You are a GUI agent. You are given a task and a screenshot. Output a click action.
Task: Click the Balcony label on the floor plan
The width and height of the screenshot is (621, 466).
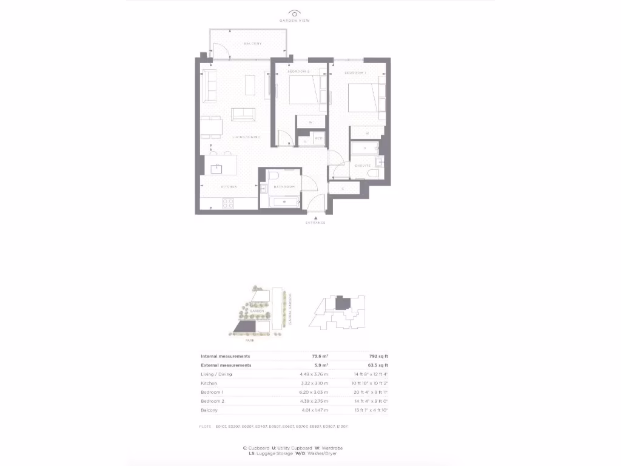252,44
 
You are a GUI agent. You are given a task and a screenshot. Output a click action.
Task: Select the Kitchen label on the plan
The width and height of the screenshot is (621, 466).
228,186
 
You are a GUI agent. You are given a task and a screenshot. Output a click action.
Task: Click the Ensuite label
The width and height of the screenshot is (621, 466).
363,165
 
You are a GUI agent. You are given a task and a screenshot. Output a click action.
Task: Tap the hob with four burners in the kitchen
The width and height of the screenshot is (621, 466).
229,204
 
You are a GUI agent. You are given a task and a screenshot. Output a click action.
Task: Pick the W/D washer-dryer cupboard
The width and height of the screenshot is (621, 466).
318,139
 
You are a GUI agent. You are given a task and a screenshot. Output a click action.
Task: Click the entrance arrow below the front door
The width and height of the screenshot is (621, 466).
315,217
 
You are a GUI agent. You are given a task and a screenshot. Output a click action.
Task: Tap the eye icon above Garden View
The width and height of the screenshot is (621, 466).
295,13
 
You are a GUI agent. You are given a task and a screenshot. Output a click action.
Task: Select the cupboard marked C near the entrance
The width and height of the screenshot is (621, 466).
343,189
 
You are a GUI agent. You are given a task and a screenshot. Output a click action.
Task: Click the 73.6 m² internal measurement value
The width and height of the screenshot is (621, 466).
320,356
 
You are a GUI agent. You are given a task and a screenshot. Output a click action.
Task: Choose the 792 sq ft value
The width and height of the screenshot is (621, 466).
378,356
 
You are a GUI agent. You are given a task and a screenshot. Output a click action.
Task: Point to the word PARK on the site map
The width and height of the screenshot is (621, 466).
241,340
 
